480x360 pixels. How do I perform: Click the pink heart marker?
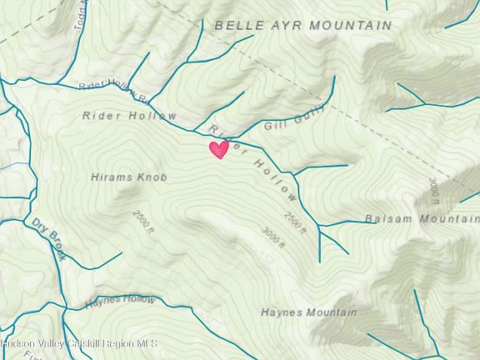coord(218,149)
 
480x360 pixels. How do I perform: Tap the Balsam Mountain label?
coord(422,219)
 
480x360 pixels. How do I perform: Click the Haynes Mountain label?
coord(308,313)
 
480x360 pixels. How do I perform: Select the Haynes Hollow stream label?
coord(119,299)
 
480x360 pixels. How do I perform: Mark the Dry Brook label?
coord(50,239)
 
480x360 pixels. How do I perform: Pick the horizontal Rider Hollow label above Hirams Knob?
coord(130,116)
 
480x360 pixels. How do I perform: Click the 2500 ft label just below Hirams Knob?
coord(144,222)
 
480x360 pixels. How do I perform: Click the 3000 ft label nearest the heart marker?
coord(273,238)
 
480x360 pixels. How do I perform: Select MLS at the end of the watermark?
coord(147,343)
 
